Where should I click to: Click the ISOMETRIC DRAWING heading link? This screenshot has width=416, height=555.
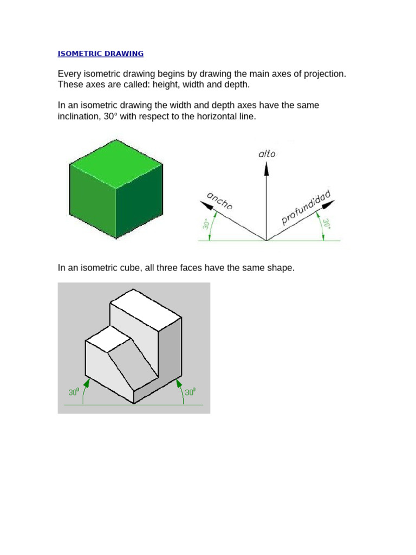pyautogui.click(x=101, y=54)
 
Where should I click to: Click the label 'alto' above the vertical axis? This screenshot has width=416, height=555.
pyautogui.click(x=266, y=153)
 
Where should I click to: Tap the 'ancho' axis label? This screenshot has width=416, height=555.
pyautogui.click(x=219, y=201)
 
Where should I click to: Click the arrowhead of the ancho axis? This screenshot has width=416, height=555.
pyautogui.click(x=205, y=205)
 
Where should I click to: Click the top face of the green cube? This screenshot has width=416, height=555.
pyautogui.click(x=116, y=162)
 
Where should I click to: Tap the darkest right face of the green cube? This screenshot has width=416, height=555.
pyautogui.click(x=140, y=203)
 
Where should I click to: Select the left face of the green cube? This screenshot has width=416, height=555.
pyautogui.click(x=93, y=201)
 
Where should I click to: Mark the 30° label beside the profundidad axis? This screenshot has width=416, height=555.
pyautogui.click(x=327, y=224)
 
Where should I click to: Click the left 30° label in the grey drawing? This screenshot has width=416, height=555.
pyautogui.click(x=74, y=391)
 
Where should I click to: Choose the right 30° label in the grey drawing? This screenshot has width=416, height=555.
pyautogui.click(x=190, y=391)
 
